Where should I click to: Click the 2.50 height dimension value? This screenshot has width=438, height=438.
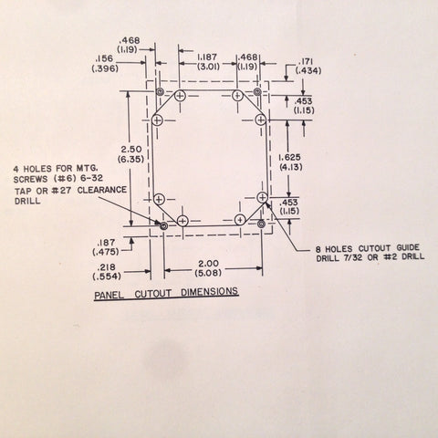(x=131, y=150)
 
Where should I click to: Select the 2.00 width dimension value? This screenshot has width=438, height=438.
(x=208, y=264)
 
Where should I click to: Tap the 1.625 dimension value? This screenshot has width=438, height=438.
(x=289, y=157)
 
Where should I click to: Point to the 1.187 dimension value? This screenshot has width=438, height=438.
(x=207, y=57)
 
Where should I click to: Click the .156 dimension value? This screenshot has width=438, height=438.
(x=104, y=58)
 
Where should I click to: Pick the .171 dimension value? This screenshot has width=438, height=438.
(x=307, y=62)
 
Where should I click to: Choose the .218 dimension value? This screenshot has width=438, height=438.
(x=106, y=267)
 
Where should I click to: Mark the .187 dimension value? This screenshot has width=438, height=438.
(x=106, y=243)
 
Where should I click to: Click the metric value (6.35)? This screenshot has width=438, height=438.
(x=130, y=159)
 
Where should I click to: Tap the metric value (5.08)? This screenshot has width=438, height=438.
(x=208, y=273)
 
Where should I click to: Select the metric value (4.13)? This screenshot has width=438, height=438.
(x=290, y=167)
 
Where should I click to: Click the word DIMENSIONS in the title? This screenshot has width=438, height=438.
(x=210, y=292)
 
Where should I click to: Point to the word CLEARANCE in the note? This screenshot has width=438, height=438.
(x=102, y=190)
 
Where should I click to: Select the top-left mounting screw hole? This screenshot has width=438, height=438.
(x=160, y=91)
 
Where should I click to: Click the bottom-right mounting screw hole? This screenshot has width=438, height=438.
(x=261, y=224)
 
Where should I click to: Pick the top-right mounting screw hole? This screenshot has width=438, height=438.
(x=257, y=91)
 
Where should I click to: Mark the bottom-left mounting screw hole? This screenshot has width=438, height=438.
(x=163, y=225)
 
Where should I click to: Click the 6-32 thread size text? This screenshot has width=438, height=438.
(x=91, y=178)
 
